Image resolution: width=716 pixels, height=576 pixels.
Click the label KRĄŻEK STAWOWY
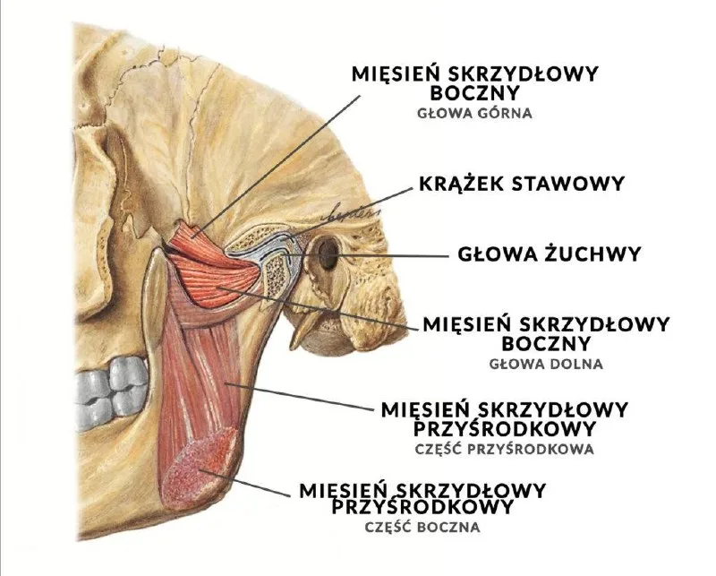522,184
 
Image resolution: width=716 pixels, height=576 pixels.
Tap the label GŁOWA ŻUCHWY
550,254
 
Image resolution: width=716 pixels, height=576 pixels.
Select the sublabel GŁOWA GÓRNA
475,113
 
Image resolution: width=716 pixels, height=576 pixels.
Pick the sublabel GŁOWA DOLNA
546,364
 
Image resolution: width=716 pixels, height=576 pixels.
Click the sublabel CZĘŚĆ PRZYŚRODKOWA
505,449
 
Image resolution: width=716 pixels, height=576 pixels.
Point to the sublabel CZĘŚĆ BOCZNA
422,527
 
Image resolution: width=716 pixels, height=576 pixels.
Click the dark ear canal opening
328,254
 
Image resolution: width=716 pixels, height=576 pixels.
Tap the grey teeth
111,393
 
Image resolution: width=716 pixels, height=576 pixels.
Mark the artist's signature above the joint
352,213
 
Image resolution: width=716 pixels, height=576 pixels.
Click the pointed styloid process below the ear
303,327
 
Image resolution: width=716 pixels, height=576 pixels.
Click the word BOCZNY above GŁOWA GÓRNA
475,93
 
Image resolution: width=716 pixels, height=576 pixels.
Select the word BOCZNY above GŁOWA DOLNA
546,344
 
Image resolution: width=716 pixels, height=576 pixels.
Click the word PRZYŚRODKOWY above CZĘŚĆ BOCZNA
422,506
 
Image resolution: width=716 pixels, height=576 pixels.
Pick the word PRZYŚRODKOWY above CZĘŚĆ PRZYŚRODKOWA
505,429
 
